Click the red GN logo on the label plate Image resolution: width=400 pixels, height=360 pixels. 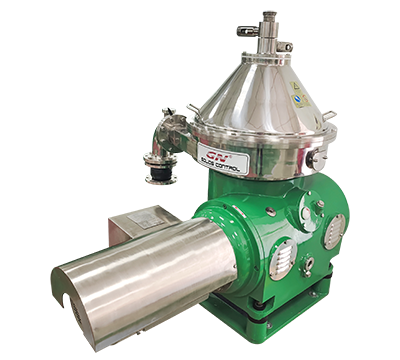(x=212, y=153)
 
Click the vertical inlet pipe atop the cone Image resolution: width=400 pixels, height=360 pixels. (x=268, y=30)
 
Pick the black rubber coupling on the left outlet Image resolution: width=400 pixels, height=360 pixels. (x=159, y=173)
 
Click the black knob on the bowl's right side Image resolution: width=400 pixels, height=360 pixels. (x=312, y=158)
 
